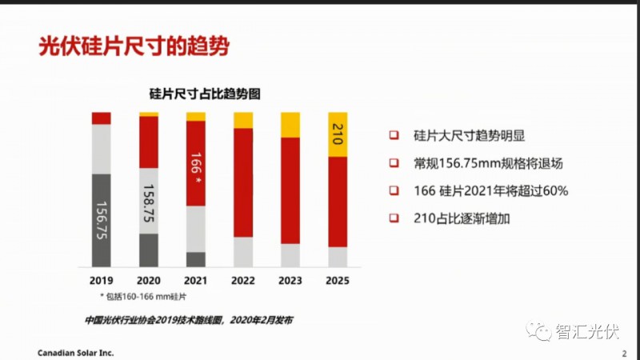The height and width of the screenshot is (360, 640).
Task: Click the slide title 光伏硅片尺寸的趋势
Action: pos(134,46)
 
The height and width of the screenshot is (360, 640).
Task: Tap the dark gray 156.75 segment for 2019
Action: pos(102,220)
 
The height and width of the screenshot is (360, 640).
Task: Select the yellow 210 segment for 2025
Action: pos(338,134)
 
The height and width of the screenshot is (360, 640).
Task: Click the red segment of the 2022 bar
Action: pos(243,182)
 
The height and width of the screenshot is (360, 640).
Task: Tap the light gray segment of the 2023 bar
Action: pos(290,255)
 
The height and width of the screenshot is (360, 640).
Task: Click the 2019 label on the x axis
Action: pos(102,281)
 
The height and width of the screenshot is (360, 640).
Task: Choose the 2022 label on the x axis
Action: pos(243,281)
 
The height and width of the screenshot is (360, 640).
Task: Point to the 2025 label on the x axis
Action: pos(338,281)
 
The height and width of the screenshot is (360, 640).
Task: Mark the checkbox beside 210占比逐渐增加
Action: pos(394,218)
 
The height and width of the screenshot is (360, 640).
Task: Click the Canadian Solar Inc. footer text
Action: pos(76,352)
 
